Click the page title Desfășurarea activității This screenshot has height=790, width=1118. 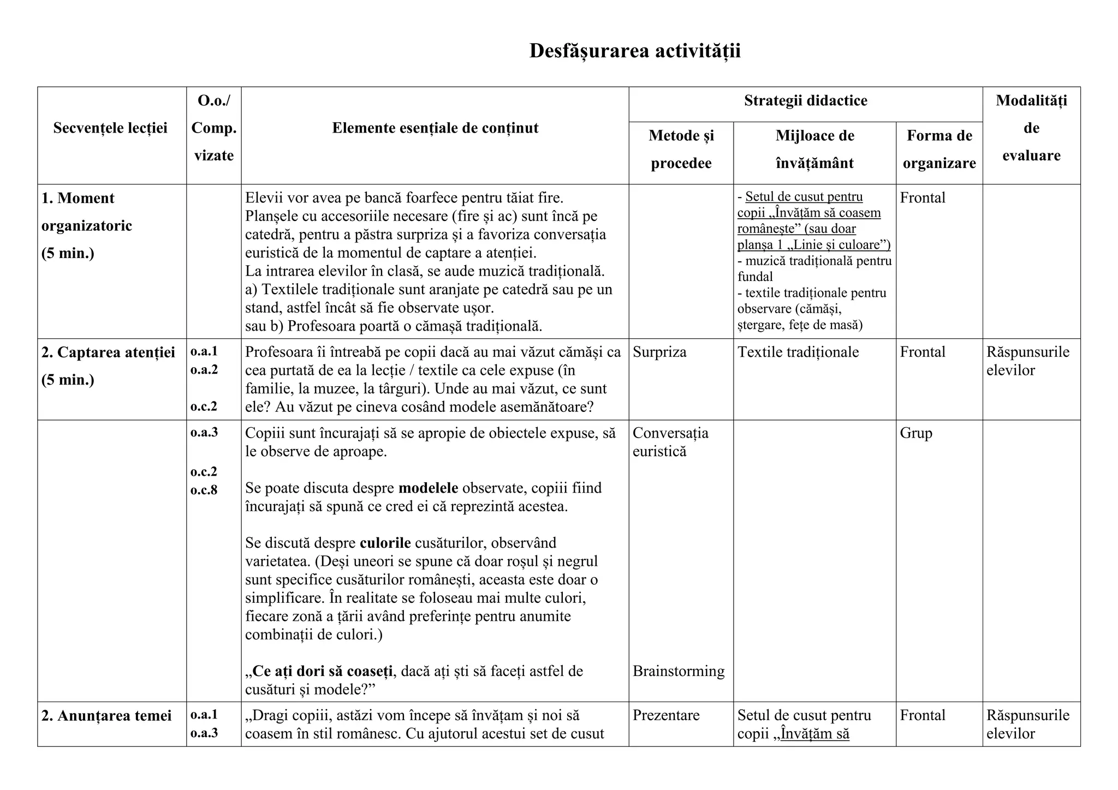click(x=635, y=51)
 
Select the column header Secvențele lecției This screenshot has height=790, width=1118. click(x=110, y=128)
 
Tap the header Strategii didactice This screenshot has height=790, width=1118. click(x=805, y=101)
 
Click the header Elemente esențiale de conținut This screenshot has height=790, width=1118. click(x=435, y=128)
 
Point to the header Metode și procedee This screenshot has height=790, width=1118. click(x=681, y=149)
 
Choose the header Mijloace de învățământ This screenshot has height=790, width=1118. click(x=814, y=149)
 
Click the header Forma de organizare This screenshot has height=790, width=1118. click(x=939, y=149)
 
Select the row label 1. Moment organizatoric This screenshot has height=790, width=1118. click(x=86, y=212)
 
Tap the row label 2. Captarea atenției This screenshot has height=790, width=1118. click(x=108, y=353)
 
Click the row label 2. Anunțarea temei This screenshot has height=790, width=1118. click(x=106, y=716)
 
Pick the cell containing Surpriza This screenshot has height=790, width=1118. click(x=659, y=352)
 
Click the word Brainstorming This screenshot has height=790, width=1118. click(x=679, y=671)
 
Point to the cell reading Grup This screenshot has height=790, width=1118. click(x=916, y=433)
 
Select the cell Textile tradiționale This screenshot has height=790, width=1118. click(x=798, y=352)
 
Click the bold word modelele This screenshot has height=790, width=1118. click(x=428, y=488)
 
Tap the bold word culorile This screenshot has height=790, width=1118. click(x=385, y=543)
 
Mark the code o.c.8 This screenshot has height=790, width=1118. click(x=204, y=490)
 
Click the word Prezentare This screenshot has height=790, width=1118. click(x=666, y=715)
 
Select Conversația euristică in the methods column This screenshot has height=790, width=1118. click(x=670, y=442)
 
